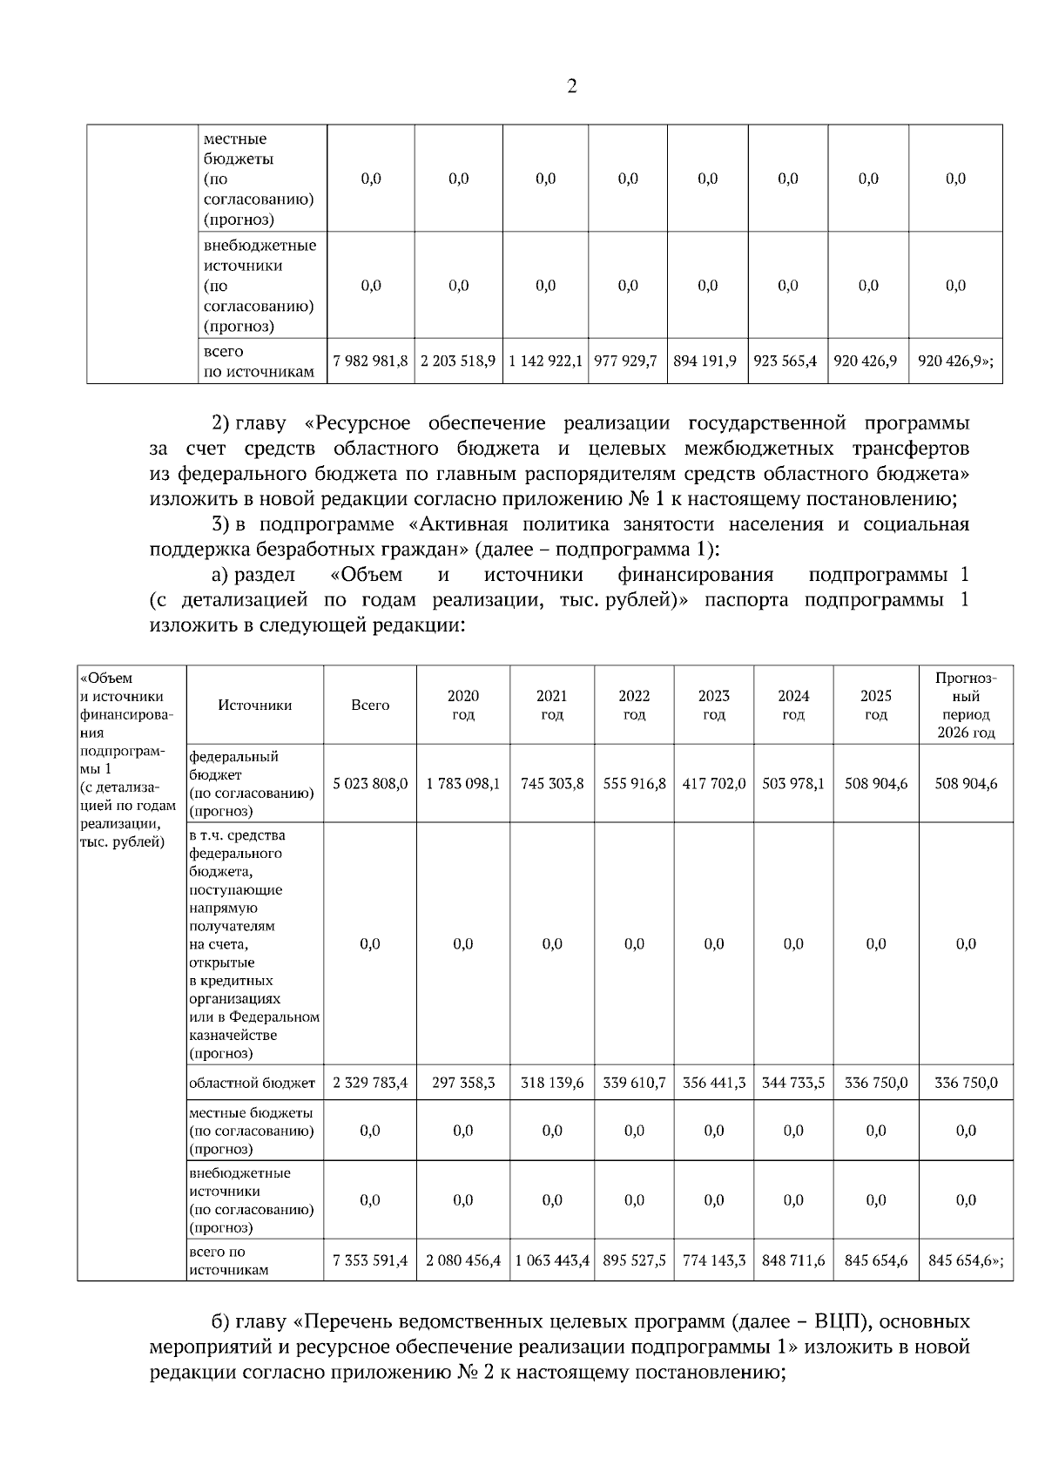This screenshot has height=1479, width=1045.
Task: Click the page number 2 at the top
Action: [571, 87]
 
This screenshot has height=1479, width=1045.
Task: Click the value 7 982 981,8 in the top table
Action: [370, 361]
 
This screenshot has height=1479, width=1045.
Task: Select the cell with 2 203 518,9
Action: [458, 361]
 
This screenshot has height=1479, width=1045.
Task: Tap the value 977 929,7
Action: [626, 361]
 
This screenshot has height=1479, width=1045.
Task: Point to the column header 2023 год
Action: [713, 706]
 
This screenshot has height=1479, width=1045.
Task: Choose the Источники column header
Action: [255, 706]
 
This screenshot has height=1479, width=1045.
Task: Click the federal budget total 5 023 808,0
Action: [370, 784]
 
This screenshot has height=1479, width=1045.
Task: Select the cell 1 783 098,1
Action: [462, 784]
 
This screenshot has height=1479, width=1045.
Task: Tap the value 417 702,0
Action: [713, 784]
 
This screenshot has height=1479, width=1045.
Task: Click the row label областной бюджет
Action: [252, 1084]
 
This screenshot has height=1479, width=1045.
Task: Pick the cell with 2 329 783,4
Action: [370, 1084]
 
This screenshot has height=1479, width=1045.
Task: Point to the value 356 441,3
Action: [713, 1084]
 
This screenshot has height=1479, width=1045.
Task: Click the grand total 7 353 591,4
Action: [370, 1260]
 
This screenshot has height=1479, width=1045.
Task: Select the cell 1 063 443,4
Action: [552, 1260]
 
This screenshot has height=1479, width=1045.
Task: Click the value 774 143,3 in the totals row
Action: [713, 1260]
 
